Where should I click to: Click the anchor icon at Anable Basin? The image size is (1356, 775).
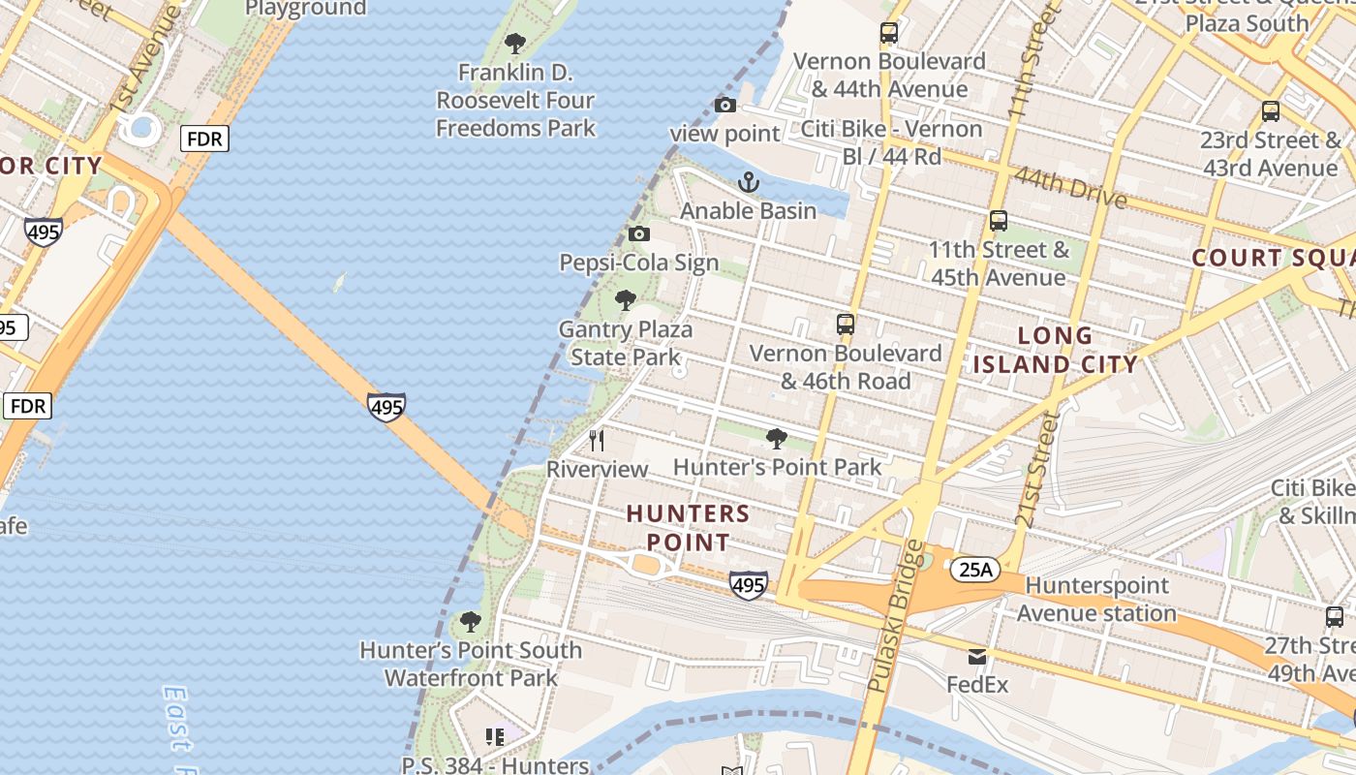pos(749,182)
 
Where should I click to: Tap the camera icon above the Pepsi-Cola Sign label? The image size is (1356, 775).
pos(638,233)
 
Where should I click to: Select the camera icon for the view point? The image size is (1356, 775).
pos(724,105)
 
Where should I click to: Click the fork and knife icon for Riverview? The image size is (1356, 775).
pos(597,441)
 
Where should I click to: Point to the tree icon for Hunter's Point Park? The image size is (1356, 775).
pos(776,439)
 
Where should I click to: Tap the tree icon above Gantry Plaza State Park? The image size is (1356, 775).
pos(626,300)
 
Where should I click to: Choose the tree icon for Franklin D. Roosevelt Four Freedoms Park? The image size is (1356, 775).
pos(515,44)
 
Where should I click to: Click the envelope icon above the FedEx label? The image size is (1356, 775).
pos(977,657)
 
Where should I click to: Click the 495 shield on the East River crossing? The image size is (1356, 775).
pos(386,407)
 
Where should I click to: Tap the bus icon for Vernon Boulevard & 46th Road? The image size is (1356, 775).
pos(846,325)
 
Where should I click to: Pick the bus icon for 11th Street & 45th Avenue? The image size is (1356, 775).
pos(999,221)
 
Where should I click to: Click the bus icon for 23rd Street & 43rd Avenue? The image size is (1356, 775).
pos(1271,111)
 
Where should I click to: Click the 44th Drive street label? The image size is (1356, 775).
pos(1070,188)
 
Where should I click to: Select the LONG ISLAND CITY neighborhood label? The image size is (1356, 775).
pos(1056,351)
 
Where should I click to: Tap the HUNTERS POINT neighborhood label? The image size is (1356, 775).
pos(688,527)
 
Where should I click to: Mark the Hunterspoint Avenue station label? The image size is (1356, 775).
pos(1096,599)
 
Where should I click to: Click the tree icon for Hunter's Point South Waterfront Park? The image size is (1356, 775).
pos(471,621)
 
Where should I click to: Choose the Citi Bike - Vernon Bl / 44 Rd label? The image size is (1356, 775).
pos(891,142)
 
